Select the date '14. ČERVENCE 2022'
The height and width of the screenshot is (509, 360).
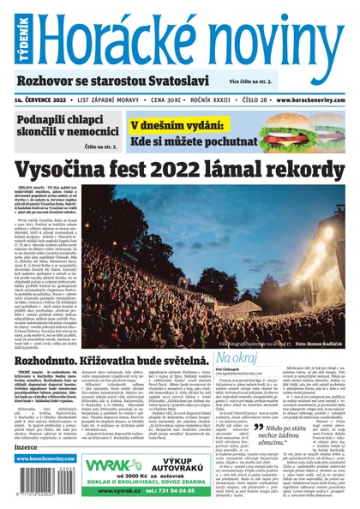[x=45, y=99]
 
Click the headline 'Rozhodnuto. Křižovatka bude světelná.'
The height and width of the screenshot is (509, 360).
[x=110, y=361]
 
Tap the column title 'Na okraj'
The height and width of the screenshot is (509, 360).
[x=239, y=355]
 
